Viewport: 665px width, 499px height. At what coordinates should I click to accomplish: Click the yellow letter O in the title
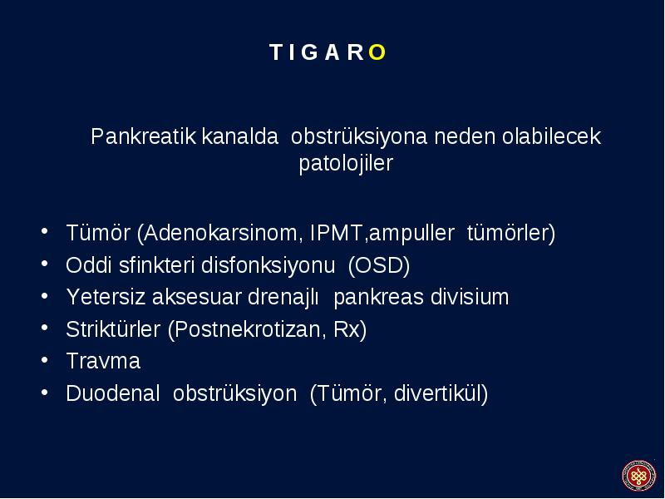[x=377, y=52]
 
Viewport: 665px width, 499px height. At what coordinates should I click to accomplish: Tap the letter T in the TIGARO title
[x=277, y=52]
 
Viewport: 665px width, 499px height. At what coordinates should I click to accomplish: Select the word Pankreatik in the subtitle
[x=143, y=136]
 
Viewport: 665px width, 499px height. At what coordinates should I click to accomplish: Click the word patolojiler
[x=346, y=163]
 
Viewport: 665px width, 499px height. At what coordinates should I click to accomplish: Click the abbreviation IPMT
[x=336, y=233]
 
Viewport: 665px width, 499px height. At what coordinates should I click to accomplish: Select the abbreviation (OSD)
[x=379, y=265]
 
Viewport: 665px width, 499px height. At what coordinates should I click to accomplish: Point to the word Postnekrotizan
[x=247, y=329]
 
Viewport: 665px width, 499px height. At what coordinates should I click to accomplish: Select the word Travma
[x=103, y=361]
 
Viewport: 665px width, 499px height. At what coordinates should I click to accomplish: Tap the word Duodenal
[x=113, y=393]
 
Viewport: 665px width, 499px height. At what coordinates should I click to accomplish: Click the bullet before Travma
[x=45, y=360]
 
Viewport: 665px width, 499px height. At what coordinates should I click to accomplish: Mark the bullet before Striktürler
[x=45, y=328]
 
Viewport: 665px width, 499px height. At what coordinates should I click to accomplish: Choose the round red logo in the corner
[x=638, y=476]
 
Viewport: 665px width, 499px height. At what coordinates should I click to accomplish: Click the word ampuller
[x=411, y=234]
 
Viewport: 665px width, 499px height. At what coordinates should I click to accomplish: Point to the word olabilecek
[x=551, y=136]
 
